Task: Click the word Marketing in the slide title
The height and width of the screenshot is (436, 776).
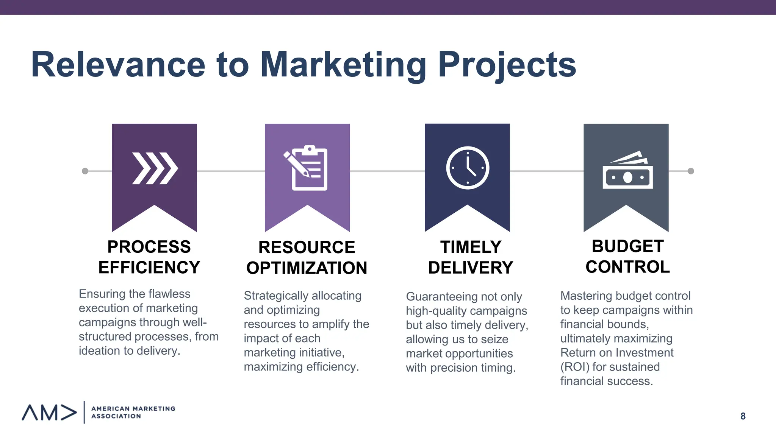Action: click(343, 65)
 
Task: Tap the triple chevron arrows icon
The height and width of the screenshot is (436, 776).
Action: click(155, 168)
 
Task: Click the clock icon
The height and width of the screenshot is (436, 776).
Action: click(468, 168)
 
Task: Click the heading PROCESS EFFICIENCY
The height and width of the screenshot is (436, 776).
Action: click(149, 257)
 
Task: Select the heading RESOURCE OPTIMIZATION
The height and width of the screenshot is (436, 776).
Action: click(307, 257)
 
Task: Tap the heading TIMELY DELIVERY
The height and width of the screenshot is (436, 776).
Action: click(470, 257)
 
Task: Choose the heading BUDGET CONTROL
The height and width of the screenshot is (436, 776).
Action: click(627, 256)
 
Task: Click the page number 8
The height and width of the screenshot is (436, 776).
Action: click(743, 416)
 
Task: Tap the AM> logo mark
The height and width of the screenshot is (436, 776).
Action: click(49, 413)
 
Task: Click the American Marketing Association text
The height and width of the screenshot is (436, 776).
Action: click(133, 412)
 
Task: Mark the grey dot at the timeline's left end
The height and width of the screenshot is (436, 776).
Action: click(85, 171)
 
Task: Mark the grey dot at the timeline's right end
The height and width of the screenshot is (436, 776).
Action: click(691, 171)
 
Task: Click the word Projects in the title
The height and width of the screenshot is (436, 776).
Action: click(507, 65)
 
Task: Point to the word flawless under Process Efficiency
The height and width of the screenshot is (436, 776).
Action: click(169, 294)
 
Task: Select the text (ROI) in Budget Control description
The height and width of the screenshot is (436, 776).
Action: click(574, 367)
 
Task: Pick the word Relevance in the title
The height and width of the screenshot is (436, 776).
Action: click(118, 65)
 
